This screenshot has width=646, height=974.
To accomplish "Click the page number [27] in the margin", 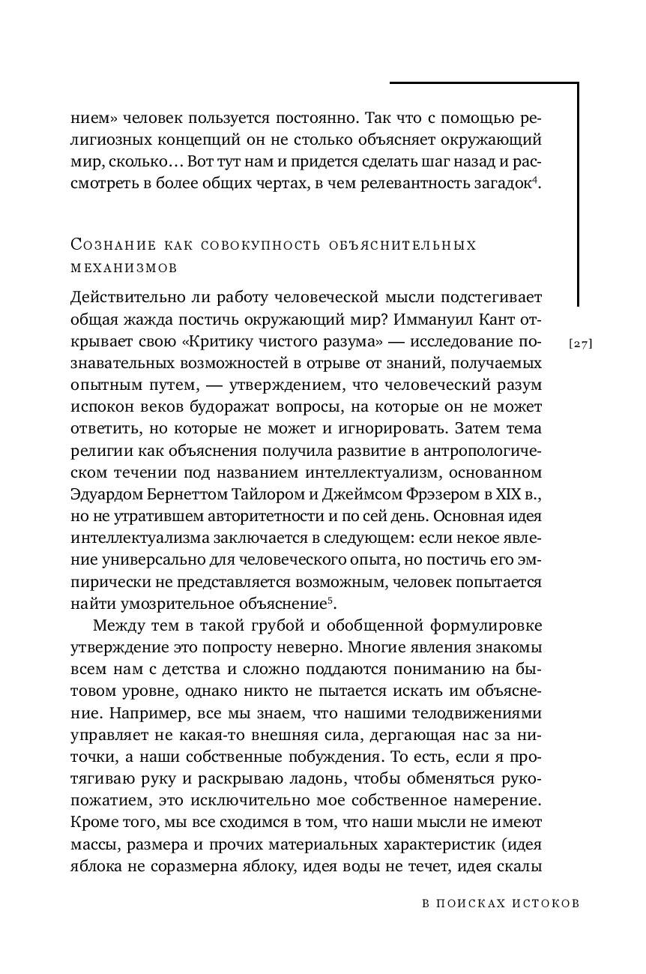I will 581,344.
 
